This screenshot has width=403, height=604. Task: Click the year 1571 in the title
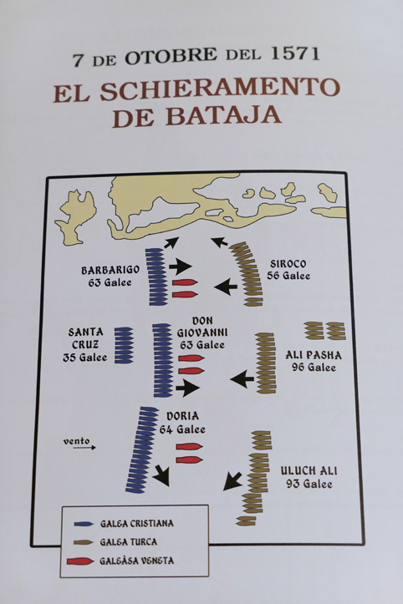(x=295, y=53)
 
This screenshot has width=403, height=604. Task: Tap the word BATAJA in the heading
(x=224, y=114)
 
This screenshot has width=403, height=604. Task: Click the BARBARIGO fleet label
(x=110, y=270)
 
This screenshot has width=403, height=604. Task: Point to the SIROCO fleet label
(x=288, y=264)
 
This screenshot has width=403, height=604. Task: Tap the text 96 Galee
(x=314, y=367)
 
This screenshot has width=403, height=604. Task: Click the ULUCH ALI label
(x=309, y=470)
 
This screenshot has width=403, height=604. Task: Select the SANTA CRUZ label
(x=85, y=338)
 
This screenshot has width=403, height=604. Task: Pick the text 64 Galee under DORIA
(x=182, y=429)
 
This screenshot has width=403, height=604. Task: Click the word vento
(x=76, y=441)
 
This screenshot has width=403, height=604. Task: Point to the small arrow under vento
(x=84, y=448)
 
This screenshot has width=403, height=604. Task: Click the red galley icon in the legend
(x=79, y=561)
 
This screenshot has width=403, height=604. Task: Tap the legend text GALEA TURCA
(x=129, y=542)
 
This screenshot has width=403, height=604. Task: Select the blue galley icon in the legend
(x=84, y=524)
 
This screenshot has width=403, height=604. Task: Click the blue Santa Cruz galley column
(x=124, y=345)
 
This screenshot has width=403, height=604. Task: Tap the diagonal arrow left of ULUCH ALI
(x=232, y=481)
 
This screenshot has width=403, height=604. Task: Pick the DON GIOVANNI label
(x=202, y=327)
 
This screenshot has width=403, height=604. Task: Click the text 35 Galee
(x=84, y=358)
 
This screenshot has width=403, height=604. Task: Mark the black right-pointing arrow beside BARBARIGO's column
(x=180, y=266)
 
